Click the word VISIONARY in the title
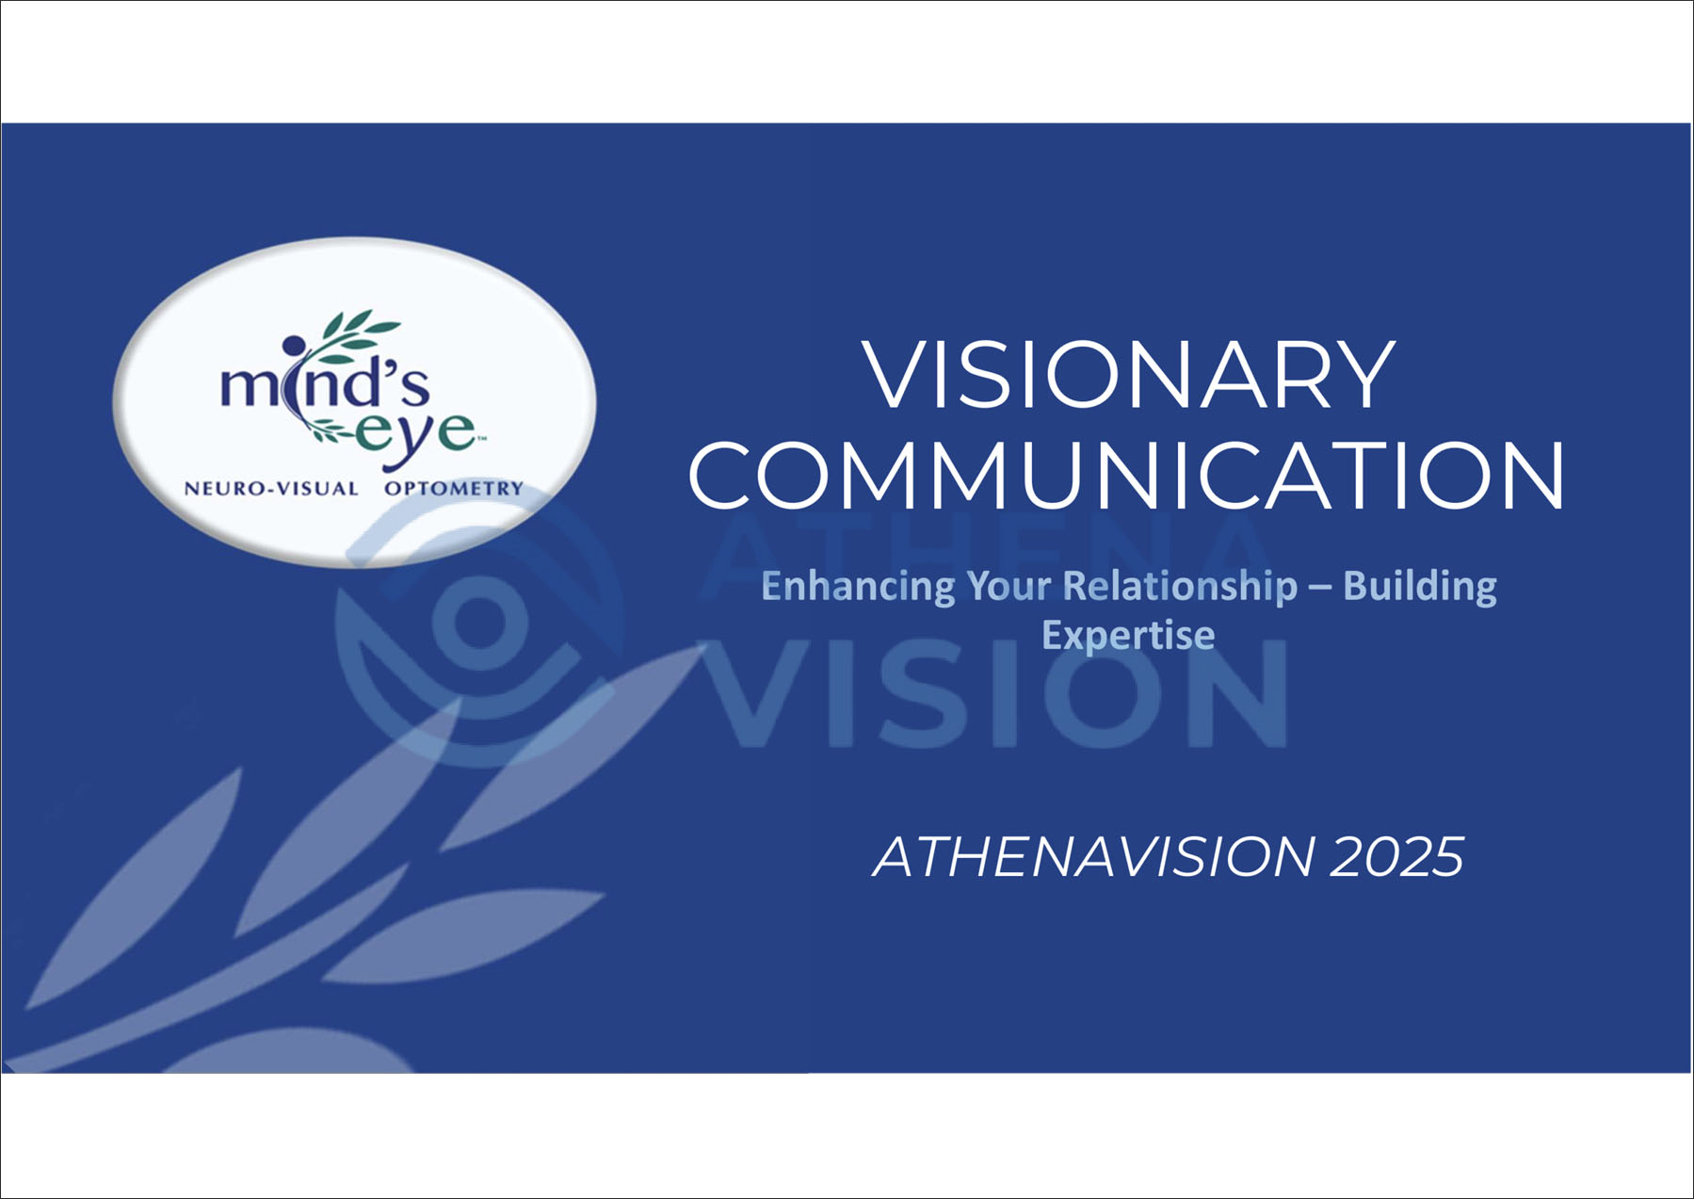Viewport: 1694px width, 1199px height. point(1128,374)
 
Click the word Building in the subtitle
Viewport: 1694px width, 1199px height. point(1420,587)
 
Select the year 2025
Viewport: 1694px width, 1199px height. point(1397,857)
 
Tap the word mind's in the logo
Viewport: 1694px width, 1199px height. point(325,381)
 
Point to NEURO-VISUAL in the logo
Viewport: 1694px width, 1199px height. point(271,489)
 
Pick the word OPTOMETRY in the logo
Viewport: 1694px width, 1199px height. point(454,489)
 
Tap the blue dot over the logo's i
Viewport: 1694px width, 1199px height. point(294,346)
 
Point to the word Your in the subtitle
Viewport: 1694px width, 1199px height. point(1008,588)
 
